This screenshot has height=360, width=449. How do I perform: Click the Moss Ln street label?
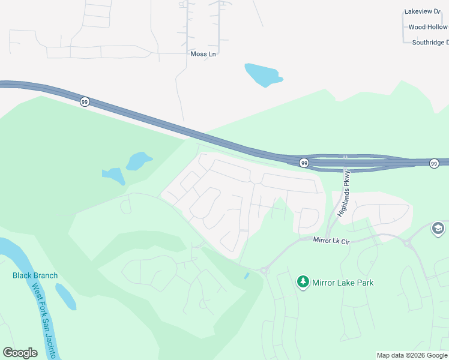[x=203, y=54]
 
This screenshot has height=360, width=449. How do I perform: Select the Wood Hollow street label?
[x=427, y=27]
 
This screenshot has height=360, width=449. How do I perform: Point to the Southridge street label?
[x=430, y=43]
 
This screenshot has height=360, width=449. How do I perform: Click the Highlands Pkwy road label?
[x=343, y=193]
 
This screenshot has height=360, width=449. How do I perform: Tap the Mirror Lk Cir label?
[x=331, y=240]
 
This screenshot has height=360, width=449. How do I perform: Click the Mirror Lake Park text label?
[x=343, y=283]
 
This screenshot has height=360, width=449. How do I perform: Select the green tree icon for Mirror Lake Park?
[x=303, y=282]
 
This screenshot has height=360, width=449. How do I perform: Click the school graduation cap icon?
[x=438, y=229]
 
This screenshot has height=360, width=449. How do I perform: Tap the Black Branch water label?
[x=35, y=276]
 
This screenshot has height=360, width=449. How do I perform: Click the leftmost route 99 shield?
[x=85, y=103]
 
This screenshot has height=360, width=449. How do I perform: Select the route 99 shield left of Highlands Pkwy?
[x=304, y=163]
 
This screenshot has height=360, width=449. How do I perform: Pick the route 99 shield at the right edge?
[x=434, y=163]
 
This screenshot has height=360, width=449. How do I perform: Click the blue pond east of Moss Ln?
[x=263, y=74]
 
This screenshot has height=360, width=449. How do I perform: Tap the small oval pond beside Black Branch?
[x=65, y=296]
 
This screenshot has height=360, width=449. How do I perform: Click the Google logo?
[x=20, y=353]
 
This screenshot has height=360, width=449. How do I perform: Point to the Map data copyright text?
[x=412, y=355]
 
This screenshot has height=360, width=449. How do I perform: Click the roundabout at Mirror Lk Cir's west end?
[x=264, y=271]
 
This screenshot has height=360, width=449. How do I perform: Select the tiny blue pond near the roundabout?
[x=247, y=276]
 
